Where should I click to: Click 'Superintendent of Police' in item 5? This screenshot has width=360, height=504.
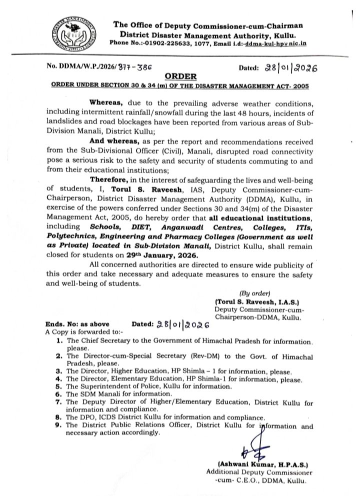pos(125,386)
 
